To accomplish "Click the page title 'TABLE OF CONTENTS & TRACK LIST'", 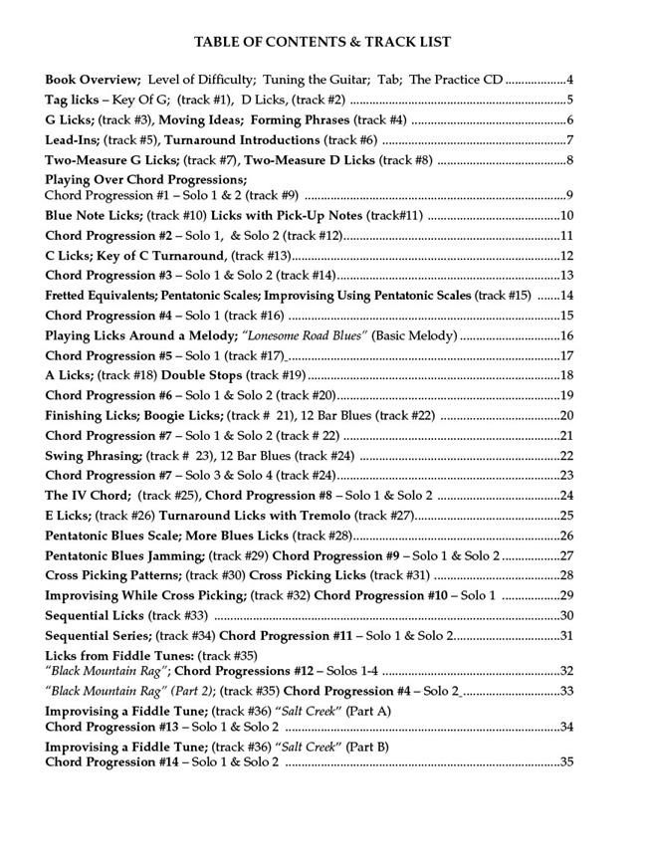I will coord(322,42).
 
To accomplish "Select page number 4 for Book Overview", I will coord(569,79).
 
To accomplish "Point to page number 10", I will coord(566,215).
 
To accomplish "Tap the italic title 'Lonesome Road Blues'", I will coord(305,335).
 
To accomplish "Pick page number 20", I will coord(566,415).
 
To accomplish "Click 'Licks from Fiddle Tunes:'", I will coord(119,656).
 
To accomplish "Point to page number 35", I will coord(566,762).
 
